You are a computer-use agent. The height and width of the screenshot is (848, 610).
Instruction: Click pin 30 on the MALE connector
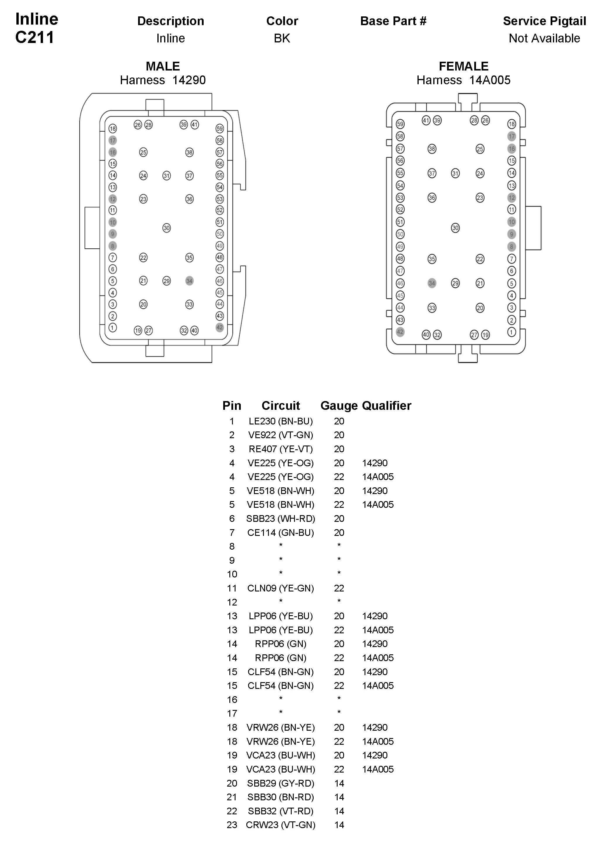pos(166,228)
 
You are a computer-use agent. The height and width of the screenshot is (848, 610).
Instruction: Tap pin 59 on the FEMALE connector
pos(400,124)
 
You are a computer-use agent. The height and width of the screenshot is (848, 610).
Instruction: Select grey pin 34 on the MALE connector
pos(190,281)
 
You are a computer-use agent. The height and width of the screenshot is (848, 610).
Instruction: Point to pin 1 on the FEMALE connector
pos(512,332)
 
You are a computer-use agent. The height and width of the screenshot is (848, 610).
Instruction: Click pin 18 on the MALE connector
pos(113,129)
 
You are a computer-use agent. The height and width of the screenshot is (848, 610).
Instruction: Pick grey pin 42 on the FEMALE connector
pos(400,332)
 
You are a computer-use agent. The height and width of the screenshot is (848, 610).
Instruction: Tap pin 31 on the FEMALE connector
pos(455,173)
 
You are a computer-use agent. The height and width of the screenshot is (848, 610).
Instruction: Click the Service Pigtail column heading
pos(544,21)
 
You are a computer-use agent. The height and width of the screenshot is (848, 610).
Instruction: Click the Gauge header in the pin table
pos(339,406)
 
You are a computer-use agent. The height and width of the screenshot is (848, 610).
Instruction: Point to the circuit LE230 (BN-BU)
pos(281,422)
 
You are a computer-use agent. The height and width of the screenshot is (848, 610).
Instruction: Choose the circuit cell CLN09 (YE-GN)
pos(281,588)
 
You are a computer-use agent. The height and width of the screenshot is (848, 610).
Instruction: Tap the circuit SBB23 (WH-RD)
pos(281,519)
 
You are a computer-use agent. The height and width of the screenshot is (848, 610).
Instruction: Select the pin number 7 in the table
pos(232,532)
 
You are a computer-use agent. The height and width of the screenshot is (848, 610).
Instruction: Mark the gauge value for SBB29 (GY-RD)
pos(339,783)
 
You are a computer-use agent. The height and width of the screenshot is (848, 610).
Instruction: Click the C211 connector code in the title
pos(35,37)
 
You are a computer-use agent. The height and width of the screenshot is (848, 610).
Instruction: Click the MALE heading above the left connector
pos(163,66)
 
